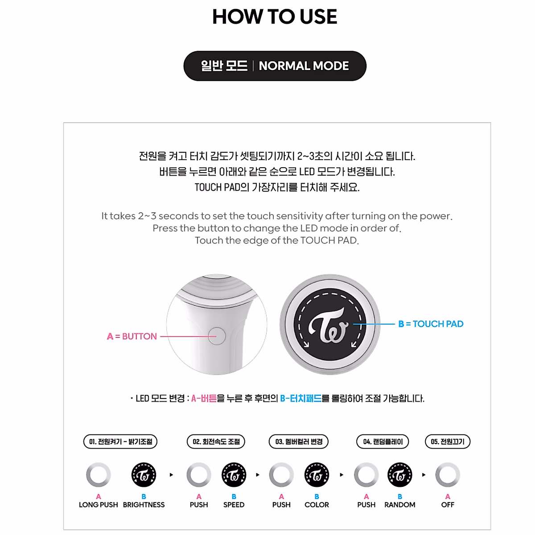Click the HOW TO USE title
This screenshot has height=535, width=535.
click(275, 17)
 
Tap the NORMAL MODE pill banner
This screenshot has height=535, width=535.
click(275, 66)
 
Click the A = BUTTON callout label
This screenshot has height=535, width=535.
click(132, 337)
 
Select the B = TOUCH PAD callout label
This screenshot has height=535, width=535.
click(431, 324)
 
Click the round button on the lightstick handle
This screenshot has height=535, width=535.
click(217, 336)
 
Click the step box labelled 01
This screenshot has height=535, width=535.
click(120, 442)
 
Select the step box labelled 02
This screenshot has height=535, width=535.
click(216, 442)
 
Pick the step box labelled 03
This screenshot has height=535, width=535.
click(299, 442)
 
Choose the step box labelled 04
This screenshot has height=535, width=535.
click(383, 442)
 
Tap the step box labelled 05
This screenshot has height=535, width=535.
click(448, 442)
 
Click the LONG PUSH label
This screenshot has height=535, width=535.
click(99, 505)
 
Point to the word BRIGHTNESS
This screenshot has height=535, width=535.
click(144, 505)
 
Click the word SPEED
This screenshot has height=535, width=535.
click(234, 505)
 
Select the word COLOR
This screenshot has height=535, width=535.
click(317, 505)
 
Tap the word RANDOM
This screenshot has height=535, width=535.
click(399, 505)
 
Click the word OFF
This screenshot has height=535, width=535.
click(448, 505)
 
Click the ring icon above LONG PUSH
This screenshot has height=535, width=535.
click(99, 475)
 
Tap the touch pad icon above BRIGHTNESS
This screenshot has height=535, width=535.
click(144, 475)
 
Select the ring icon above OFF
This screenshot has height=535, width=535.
click(448, 475)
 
